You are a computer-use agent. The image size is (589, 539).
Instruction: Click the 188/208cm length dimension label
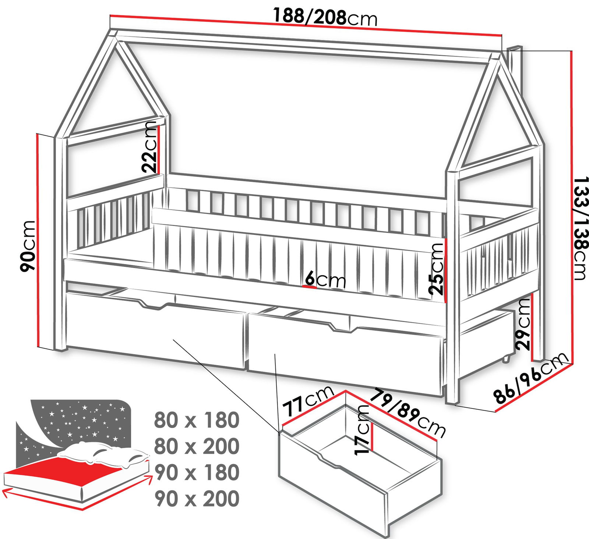325,17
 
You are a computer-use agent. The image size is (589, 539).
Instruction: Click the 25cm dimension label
437,269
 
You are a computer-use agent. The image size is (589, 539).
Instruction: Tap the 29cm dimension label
523,324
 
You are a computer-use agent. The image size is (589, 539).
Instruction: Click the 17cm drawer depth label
362,430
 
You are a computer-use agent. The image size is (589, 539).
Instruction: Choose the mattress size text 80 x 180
197,420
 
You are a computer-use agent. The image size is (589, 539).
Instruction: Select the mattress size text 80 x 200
197,446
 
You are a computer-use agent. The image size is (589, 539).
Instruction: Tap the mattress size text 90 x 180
197,472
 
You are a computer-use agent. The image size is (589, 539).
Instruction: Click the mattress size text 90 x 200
197,499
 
